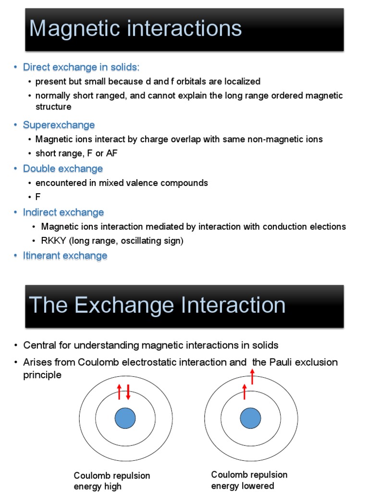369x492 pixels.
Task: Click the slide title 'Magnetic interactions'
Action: point(135,28)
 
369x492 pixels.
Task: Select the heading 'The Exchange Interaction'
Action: point(157,305)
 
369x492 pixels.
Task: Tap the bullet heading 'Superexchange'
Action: point(59,125)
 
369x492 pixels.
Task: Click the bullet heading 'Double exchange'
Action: point(63,169)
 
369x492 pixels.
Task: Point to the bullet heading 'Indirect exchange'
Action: point(63,212)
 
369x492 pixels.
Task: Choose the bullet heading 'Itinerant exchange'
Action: point(65,256)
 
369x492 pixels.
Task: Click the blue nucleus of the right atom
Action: point(250,418)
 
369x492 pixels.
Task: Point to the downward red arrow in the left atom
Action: point(128,392)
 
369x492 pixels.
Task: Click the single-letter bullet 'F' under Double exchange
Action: point(38,197)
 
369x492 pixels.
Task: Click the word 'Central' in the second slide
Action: point(39,345)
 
